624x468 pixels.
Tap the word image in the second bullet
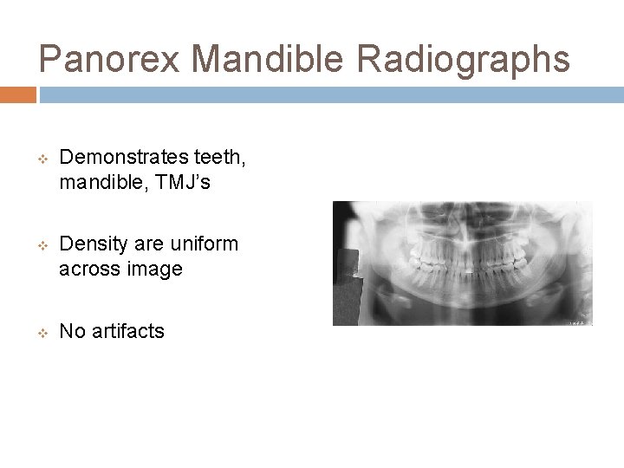(x=155, y=270)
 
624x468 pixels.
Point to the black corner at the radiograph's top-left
(x=341, y=209)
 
